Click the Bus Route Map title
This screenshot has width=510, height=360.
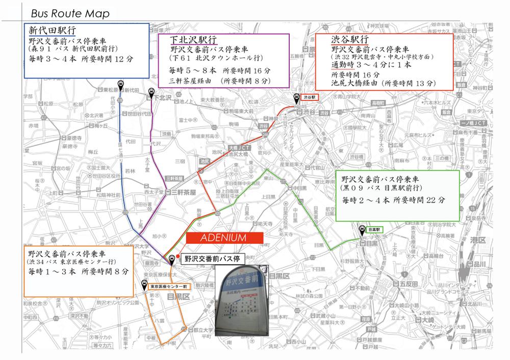click(x=70, y=14)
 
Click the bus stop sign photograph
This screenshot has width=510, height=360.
click(x=241, y=301)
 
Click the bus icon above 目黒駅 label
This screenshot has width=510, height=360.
click(x=362, y=229)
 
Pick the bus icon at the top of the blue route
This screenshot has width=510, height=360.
click(x=121, y=85)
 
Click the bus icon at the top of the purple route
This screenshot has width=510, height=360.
click(x=151, y=92)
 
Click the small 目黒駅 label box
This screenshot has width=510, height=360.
click(x=377, y=230)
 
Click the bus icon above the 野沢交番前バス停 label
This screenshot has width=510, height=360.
click(x=172, y=259)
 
